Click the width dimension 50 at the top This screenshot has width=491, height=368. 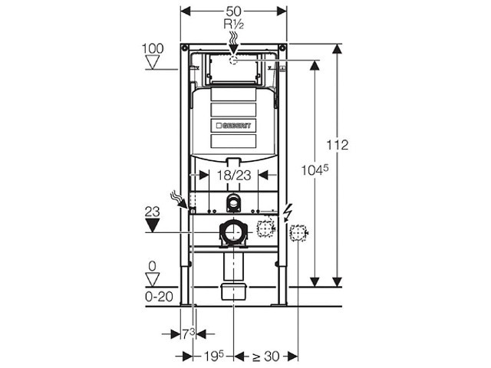pyautogui.click(x=233, y=11)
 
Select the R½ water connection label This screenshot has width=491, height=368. pyautogui.click(x=233, y=24)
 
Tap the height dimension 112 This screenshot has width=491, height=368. pyautogui.click(x=338, y=145)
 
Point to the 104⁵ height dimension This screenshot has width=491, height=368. pyautogui.click(x=315, y=170)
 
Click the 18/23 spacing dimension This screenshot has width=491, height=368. pyautogui.click(x=234, y=176)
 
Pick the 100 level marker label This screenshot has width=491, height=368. pyautogui.click(x=153, y=48)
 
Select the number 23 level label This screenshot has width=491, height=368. pyautogui.click(x=152, y=212)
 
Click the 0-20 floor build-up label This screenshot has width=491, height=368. pyautogui.click(x=159, y=297)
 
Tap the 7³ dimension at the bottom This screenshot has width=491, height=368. pyautogui.click(x=189, y=334)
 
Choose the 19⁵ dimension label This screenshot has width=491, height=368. pyautogui.click(x=214, y=356)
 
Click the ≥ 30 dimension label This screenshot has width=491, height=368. pyautogui.click(x=265, y=356)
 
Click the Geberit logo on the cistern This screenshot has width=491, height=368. pyautogui.click(x=233, y=126)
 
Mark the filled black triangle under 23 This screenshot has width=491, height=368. pyautogui.click(x=152, y=225)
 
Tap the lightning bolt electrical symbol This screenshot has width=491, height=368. pyautogui.click(x=286, y=214)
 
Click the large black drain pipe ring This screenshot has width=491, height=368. pyautogui.click(x=233, y=232)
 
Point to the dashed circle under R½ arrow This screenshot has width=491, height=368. pyautogui.click(x=233, y=60)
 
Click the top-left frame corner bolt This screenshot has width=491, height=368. pyautogui.click(x=184, y=48)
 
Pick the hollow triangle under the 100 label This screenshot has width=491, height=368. pyautogui.click(x=153, y=62)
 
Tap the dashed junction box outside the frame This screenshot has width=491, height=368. pyautogui.click(x=298, y=233)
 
